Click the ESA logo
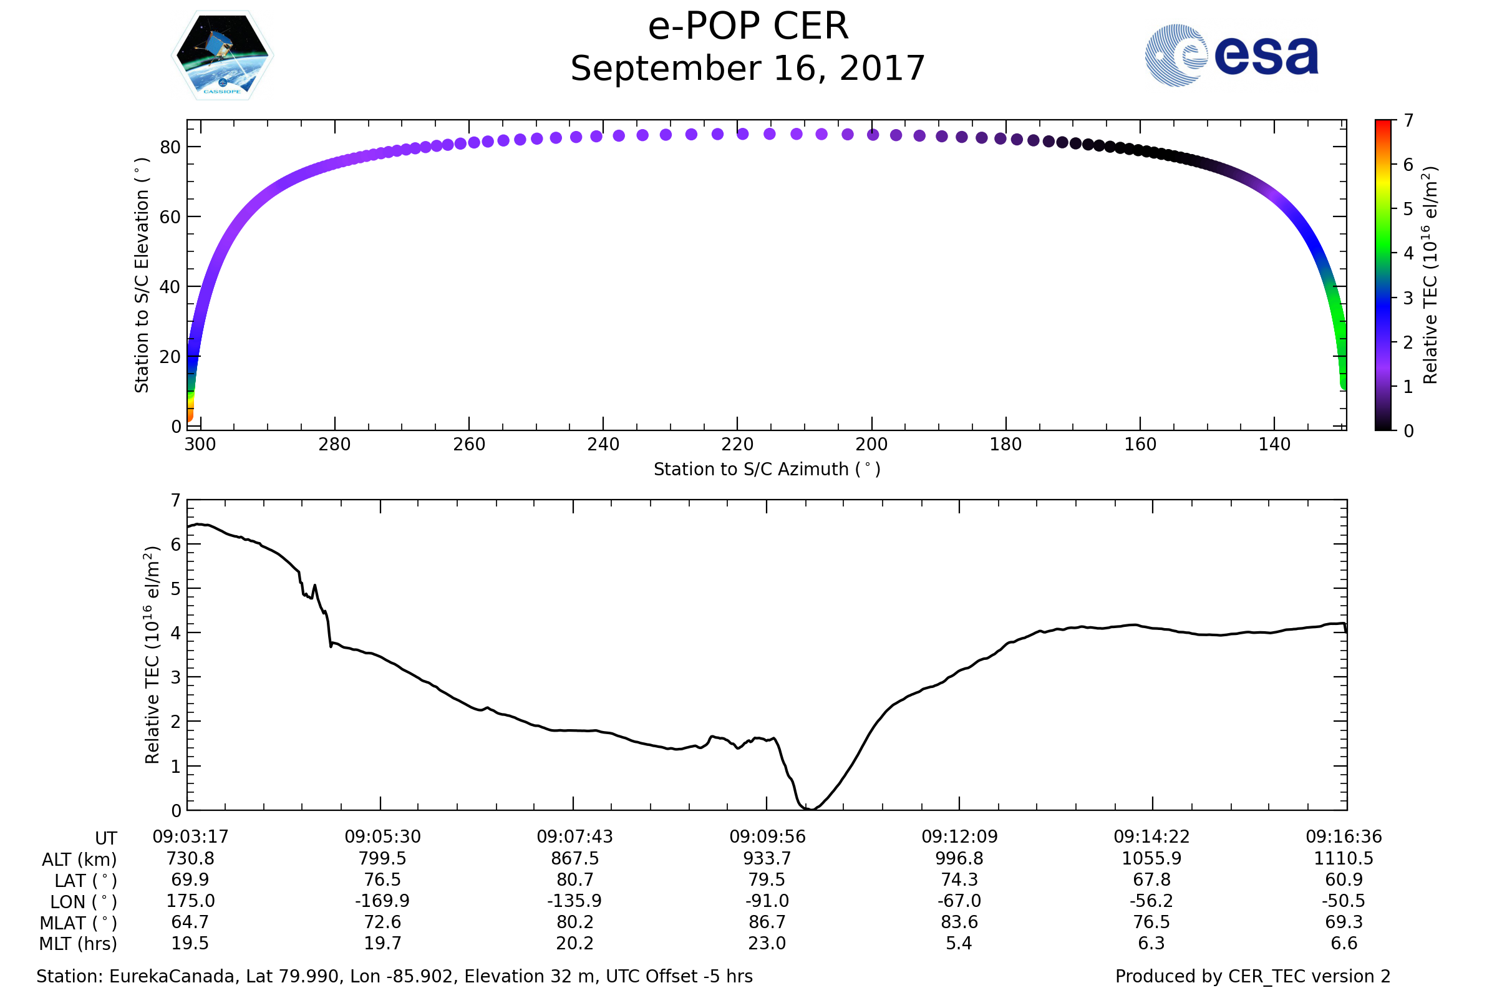click(x=1231, y=56)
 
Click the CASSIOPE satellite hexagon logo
click(x=222, y=56)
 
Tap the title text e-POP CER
click(x=748, y=27)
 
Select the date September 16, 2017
click(x=748, y=69)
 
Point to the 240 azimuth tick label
click(x=603, y=444)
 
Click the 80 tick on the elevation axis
click(x=170, y=147)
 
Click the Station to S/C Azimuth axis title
click(x=767, y=470)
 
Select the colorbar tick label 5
click(x=1408, y=210)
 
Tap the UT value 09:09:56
click(x=767, y=837)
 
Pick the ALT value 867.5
click(x=574, y=859)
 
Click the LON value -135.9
click(x=574, y=901)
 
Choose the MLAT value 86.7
click(x=767, y=923)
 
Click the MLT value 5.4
click(x=959, y=943)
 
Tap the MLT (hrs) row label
click(x=77, y=944)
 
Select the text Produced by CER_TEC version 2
click(x=1252, y=977)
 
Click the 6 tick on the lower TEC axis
click(x=176, y=544)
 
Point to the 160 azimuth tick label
click(x=1140, y=444)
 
